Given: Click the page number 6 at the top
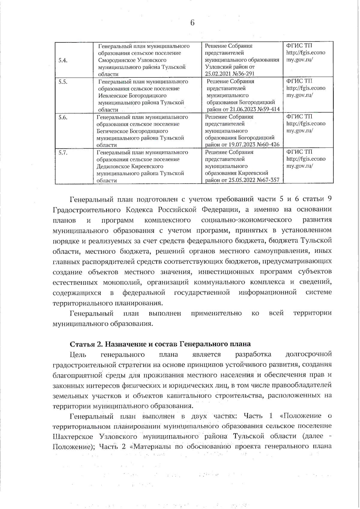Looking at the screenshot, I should pos(192,22).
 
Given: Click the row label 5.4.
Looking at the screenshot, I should pos(63,60).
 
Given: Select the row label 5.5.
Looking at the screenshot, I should pos(63,82).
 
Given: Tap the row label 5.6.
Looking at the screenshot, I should pos(63,117).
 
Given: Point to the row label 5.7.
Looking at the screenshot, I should pos(63,153).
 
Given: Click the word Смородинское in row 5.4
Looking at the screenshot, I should pos(116,60).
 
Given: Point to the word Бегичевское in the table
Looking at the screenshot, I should pos(112,131).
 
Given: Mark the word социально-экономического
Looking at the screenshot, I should pos(246,220).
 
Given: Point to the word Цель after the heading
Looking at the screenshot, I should pos(78,355).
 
